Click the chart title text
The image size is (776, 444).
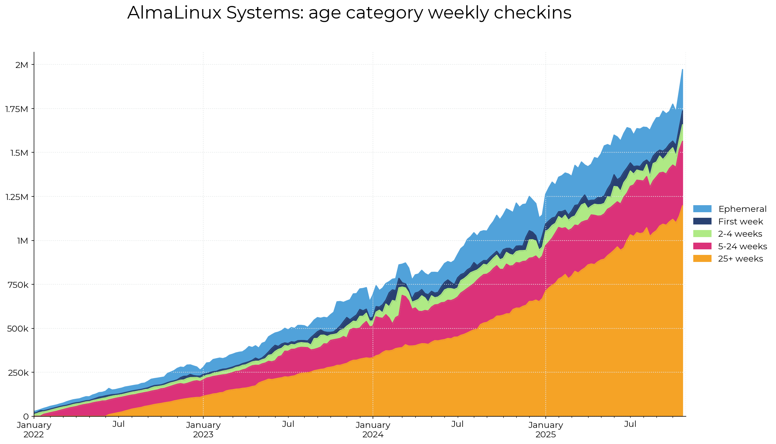(x=349, y=13)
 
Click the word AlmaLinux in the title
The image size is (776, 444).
(x=175, y=13)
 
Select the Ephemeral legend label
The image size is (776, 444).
(x=742, y=209)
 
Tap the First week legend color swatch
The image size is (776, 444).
(x=702, y=221)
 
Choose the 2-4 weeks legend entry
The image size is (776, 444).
(x=740, y=234)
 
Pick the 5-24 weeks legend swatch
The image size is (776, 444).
(x=702, y=246)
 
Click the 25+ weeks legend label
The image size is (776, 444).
(x=740, y=259)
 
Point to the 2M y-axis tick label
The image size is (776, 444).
(x=22, y=65)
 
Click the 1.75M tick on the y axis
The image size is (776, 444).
(x=16, y=109)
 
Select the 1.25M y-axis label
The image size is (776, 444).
(x=16, y=197)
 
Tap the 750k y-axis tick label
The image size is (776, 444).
(x=19, y=285)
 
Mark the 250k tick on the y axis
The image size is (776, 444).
(x=19, y=373)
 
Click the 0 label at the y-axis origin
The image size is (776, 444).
(x=26, y=417)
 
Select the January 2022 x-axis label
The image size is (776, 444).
(x=34, y=430)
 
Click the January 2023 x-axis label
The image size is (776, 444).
(x=203, y=430)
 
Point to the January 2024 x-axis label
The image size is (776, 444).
(x=373, y=430)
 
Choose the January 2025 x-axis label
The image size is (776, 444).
(x=546, y=430)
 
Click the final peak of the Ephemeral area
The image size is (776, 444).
(x=682, y=70)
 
